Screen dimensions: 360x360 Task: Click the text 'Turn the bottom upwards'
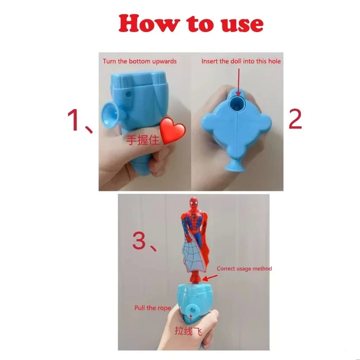click(139, 61)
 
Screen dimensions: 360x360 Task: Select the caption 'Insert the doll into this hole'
click(241, 61)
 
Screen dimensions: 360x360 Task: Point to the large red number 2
click(295, 120)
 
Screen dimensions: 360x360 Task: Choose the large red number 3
click(140, 241)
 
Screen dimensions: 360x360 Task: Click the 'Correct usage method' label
click(244, 269)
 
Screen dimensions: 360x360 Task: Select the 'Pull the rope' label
click(152, 308)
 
